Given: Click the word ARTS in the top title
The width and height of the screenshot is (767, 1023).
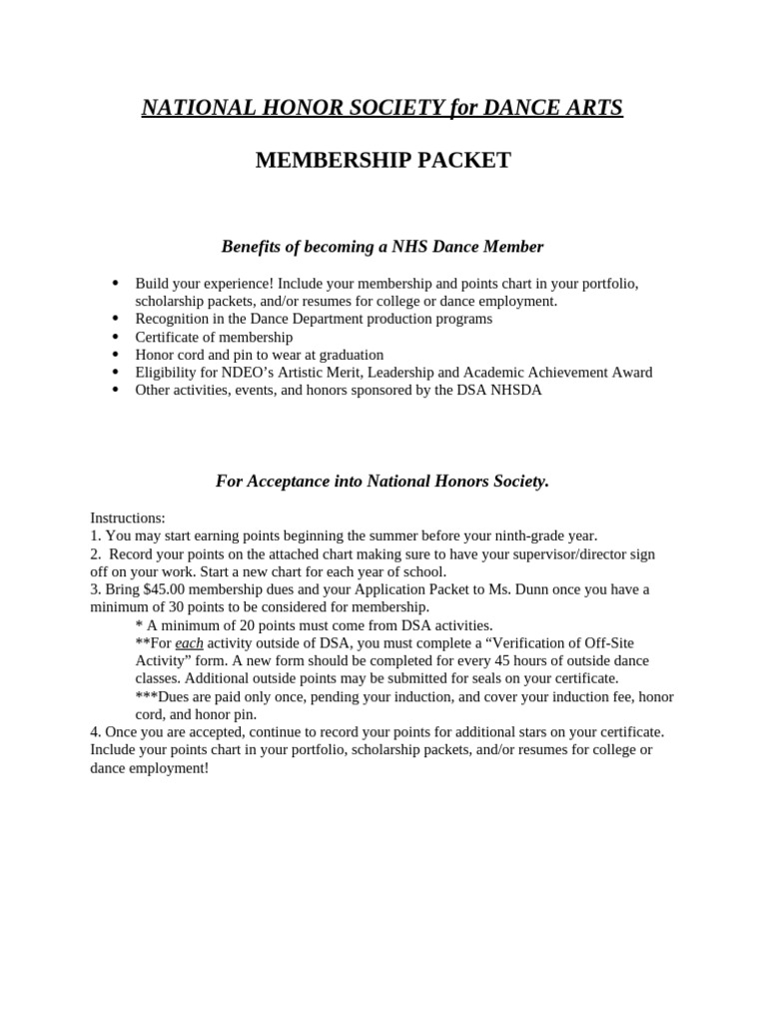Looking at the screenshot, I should click(588, 108).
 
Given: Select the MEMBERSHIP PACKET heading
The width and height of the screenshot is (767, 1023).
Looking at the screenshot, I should click(383, 161).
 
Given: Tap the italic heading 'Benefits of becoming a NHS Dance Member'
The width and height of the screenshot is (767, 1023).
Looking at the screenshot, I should click(383, 246).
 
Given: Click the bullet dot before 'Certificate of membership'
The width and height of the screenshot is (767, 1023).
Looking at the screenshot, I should click(117, 337).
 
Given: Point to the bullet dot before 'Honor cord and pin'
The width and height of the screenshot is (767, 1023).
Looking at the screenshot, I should click(117, 355).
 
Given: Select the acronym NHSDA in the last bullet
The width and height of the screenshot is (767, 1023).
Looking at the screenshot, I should click(515, 391).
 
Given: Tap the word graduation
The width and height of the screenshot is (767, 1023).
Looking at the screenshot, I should click(350, 355).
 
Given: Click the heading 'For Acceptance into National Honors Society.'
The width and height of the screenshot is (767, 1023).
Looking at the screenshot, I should click(383, 482).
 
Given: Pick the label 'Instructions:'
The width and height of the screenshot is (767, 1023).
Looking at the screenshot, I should click(128, 517).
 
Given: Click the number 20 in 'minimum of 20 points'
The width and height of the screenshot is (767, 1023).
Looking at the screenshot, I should click(248, 625).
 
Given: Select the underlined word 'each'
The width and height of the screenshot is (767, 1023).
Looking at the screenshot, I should click(189, 643).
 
